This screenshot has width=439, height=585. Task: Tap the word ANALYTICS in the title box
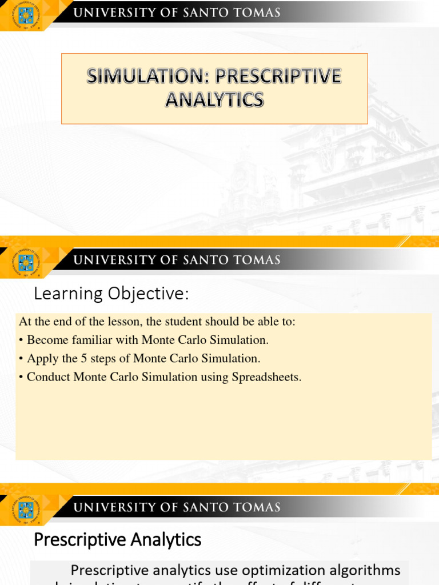tap(214, 99)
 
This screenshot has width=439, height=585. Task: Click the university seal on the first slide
tap(26, 14)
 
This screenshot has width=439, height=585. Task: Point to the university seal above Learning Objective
tap(26, 262)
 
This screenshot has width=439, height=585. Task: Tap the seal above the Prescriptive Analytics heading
tap(26, 509)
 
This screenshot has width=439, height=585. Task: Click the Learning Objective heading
tap(111, 294)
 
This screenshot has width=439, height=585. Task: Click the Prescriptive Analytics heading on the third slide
tap(118, 539)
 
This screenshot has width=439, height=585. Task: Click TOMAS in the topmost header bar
tap(257, 13)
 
